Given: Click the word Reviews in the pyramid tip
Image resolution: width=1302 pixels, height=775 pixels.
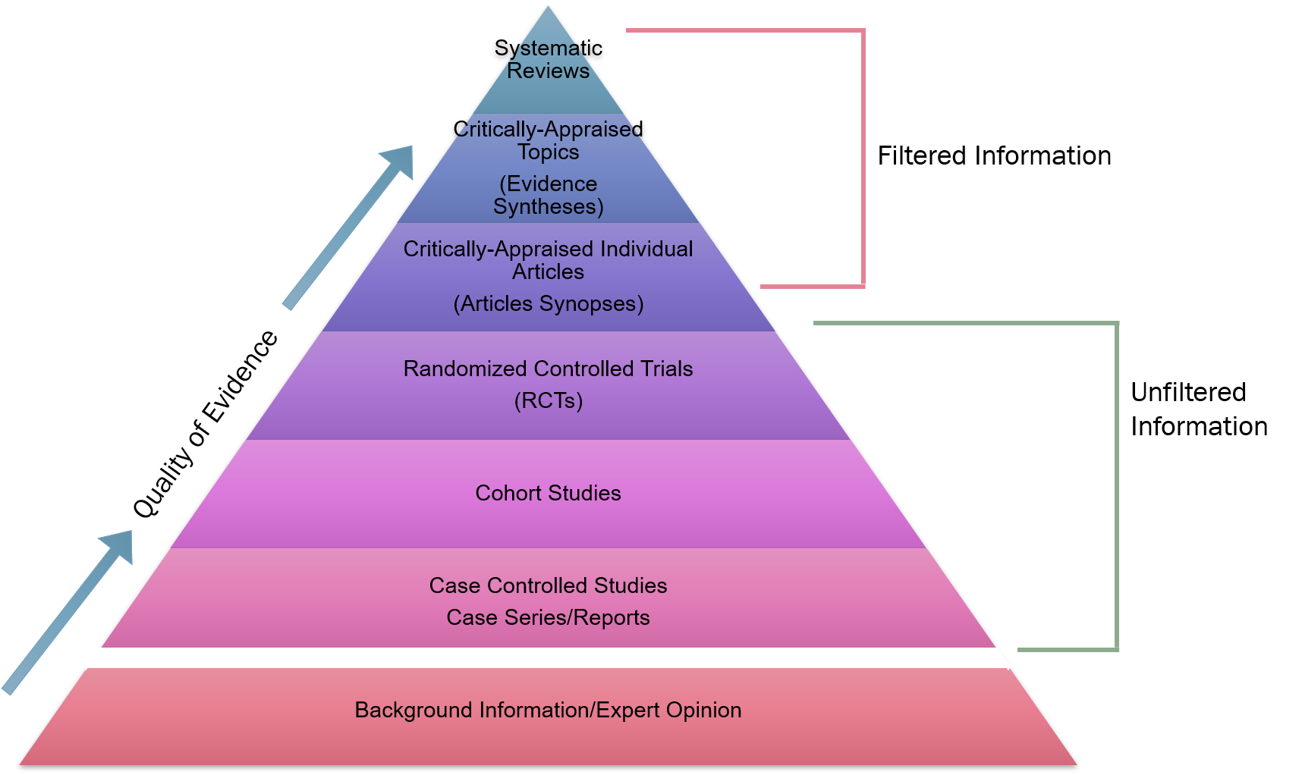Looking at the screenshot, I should [548, 71].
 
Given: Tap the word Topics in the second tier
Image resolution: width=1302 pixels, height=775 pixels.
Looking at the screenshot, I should [548, 152].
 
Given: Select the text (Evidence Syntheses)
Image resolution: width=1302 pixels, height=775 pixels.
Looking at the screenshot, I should [548, 195].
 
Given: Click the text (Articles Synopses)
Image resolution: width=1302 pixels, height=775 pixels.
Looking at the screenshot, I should [548, 304].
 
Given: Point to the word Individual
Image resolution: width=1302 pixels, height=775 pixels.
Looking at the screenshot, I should [646, 249].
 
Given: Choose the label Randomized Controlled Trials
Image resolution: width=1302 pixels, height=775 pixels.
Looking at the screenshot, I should [548, 369].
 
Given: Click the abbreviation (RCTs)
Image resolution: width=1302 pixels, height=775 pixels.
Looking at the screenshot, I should [548, 400].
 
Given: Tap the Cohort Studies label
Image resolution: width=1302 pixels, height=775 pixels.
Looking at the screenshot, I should [548, 494].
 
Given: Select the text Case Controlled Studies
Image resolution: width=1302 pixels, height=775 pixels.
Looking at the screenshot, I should [548, 586].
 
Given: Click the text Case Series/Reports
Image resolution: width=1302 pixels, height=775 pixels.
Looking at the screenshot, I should [548, 618].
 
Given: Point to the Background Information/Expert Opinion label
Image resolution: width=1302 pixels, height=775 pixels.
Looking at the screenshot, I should [548, 711].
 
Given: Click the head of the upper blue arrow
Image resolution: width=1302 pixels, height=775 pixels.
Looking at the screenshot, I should [399, 160].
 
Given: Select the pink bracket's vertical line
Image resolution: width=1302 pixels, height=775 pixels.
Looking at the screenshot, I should [863, 159].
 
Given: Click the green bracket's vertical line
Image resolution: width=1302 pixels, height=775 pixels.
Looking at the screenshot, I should [1117, 485].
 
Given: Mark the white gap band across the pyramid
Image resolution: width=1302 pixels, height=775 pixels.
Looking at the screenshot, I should [548, 658].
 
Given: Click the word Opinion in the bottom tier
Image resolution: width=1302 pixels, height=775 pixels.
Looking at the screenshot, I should [703, 711].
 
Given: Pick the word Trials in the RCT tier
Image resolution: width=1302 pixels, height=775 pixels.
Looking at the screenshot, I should [667, 369].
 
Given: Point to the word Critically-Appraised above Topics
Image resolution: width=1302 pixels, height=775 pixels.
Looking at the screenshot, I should [548, 130].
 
